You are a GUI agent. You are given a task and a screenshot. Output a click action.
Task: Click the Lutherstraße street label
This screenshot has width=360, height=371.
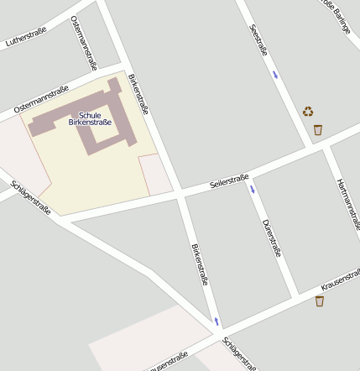[26, 38]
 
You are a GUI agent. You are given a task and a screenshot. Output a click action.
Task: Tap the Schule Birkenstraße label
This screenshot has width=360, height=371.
[90, 118]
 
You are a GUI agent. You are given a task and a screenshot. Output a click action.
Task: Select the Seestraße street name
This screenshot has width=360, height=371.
[259, 40]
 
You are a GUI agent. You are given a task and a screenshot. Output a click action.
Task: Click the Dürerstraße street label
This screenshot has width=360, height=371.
[270, 238]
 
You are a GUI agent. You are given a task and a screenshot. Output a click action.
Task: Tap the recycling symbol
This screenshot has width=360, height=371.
[308, 111]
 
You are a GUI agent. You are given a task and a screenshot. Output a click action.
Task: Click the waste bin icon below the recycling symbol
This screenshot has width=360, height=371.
[317, 129]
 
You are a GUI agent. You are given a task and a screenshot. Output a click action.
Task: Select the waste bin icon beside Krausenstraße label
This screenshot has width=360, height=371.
[320, 300]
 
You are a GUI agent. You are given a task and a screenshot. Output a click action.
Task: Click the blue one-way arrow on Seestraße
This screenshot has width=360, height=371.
[274, 76]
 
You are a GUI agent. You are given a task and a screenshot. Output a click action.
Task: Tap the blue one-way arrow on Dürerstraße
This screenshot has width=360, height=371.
[252, 190]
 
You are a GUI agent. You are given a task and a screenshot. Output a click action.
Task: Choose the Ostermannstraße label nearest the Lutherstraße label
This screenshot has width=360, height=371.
[86, 42]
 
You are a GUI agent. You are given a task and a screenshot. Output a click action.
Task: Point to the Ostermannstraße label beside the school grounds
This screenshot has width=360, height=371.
[40, 102]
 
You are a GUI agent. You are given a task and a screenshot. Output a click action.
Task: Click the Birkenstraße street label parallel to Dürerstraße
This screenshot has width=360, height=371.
[199, 264]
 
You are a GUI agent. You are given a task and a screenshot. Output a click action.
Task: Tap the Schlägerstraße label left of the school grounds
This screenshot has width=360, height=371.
[31, 197]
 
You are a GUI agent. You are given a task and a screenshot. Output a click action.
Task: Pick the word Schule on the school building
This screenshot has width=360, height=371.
[90, 114]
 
